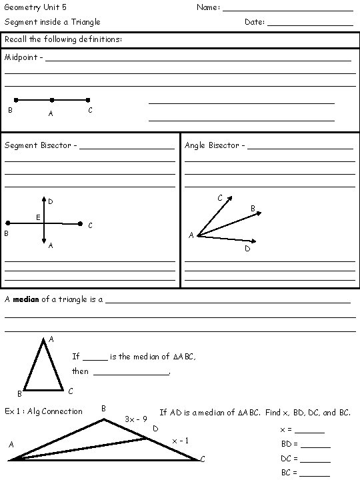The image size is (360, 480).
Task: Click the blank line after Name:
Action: click(x=287, y=10)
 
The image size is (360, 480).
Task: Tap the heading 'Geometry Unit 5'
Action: click(x=35, y=7)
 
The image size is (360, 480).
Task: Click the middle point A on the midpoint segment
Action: click(x=51, y=100)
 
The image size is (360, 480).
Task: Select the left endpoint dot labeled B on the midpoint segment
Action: click(x=16, y=100)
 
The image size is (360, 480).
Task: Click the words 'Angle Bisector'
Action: click(x=211, y=145)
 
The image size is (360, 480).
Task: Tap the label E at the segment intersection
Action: click(x=38, y=217)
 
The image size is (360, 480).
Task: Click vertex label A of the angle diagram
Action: click(x=191, y=235)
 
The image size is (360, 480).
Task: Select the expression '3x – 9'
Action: click(x=136, y=419)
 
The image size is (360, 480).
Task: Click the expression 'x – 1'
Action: click(x=180, y=440)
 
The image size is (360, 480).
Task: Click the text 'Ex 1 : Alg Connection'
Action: click(x=43, y=411)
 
